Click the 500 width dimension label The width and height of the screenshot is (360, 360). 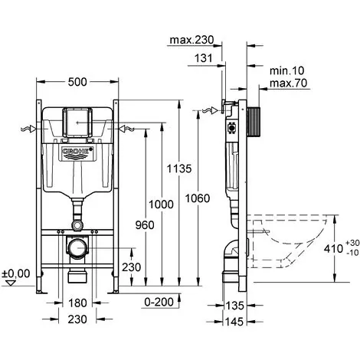pyautogui.click(x=77, y=82)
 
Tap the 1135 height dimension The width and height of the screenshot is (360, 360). pyautogui.click(x=179, y=169)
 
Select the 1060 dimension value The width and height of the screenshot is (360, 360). pyautogui.click(x=198, y=198)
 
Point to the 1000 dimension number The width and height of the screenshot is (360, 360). pyautogui.click(x=161, y=205)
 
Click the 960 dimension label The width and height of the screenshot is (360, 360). pyautogui.click(x=145, y=225)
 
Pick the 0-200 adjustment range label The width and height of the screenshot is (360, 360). pyautogui.click(x=159, y=303)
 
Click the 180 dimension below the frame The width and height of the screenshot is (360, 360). pyautogui.click(x=77, y=303)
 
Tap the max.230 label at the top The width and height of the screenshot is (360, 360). pyautogui.click(x=191, y=40)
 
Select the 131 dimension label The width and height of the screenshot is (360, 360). pyautogui.click(x=204, y=58)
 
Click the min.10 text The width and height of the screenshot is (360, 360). pyautogui.click(x=287, y=70)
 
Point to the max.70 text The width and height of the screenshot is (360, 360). pyautogui.click(x=289, y=83)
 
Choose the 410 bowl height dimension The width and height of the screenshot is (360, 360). pyautogui.click(x=333, y=248)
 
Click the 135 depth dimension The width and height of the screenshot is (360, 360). pyautogui.click(x=234, y=306)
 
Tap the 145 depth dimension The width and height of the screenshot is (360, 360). pyautogui.click(x=234, y=322)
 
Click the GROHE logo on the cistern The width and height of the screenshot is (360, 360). pyautogui.click(x=77, y=152)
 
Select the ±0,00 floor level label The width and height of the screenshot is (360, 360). pyautogui.click(x=16, y=273)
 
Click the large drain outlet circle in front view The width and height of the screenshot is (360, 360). pyautogui.click(x=77, y=247)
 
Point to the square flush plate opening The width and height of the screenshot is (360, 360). pyautogui.click(x=77, y=123)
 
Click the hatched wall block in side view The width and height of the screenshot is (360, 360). pyautogui.click(x=254, y=122)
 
